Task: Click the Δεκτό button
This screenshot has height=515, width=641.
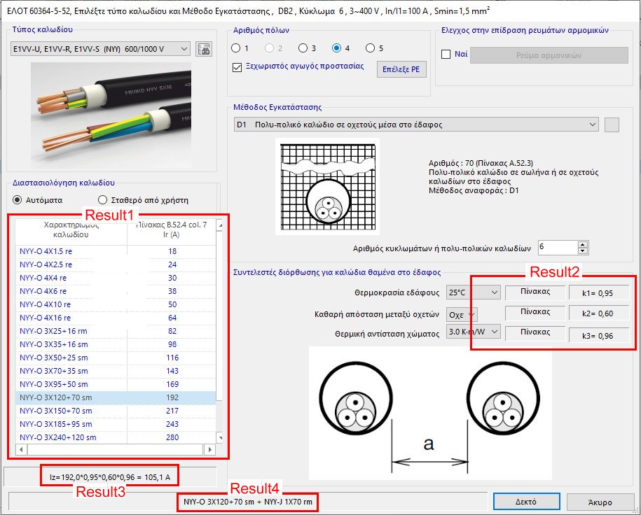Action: pos(526,502)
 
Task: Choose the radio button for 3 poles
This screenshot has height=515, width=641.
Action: pos(303,48)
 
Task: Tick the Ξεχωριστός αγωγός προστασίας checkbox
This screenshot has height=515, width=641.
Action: pos(237,67)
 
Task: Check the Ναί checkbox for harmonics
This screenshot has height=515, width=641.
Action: pos(446,55)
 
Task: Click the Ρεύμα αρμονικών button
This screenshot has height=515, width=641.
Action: pos(549,55)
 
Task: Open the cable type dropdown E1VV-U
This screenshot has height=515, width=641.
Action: pos(101,49)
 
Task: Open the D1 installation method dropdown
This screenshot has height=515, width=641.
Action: pos(416,125)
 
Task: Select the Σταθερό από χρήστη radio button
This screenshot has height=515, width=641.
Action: pos(103,199)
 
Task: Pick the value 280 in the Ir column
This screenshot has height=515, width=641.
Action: pos(172,437)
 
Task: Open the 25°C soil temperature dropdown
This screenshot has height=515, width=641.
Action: pos(473,292)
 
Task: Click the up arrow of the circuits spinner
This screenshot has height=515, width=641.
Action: pos(583,244)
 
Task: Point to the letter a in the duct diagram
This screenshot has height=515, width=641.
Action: pos(429,443)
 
